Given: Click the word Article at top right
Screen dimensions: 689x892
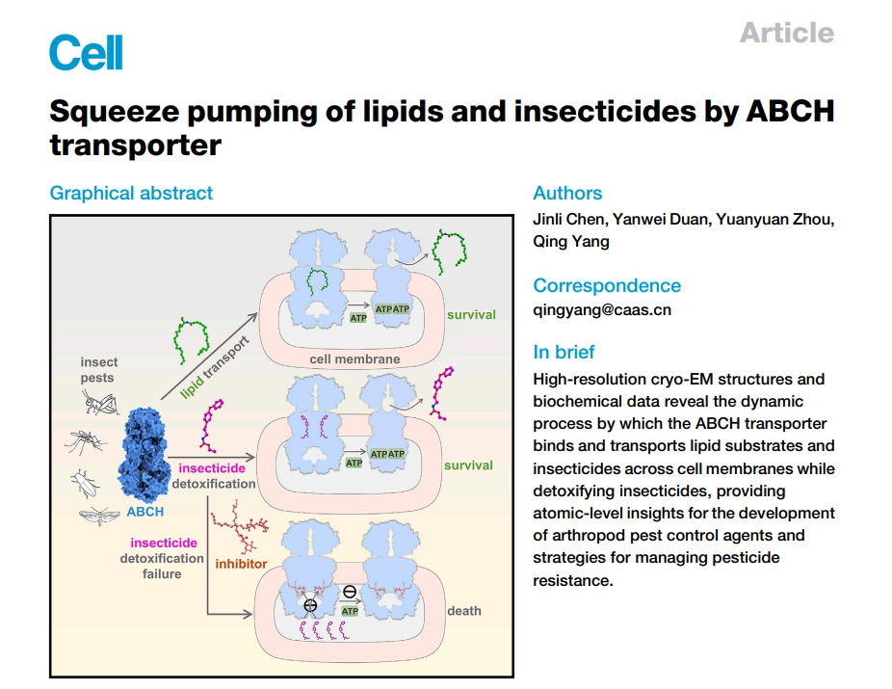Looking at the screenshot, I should (786, 33).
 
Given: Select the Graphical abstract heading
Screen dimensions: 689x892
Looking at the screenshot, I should (131, 193).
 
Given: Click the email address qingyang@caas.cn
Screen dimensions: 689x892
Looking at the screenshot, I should (602, 309).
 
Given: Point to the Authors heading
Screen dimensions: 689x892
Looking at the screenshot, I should (567, 193).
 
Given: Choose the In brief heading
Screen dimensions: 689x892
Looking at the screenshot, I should (564, 352).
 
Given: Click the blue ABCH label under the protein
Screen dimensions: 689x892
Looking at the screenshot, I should (144, 512).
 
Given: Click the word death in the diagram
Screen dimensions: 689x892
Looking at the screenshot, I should (463, 611).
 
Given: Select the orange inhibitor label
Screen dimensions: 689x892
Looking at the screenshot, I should (240, 563).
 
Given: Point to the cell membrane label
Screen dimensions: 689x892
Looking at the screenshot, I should (354, 359).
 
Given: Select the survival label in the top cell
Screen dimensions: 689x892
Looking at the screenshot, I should (470, 314).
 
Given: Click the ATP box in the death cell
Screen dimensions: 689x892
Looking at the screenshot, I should (350, 611).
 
